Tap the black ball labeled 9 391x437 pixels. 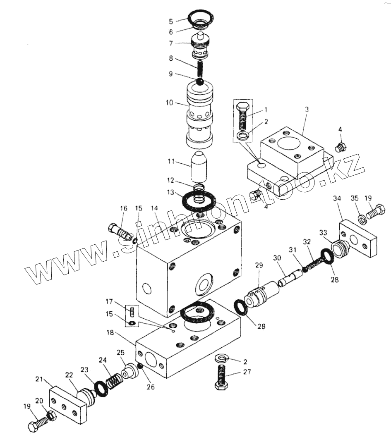200,82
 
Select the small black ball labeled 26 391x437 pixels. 140,366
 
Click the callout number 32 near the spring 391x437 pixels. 307,241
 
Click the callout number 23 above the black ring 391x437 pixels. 84,370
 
